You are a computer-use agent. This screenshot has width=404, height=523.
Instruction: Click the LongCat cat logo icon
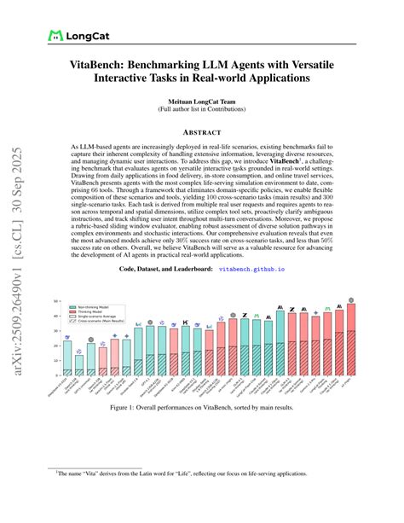(56, 36)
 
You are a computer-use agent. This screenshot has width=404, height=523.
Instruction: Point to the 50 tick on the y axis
(55, 301)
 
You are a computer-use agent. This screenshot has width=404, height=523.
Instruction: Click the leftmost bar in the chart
(67, 358)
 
